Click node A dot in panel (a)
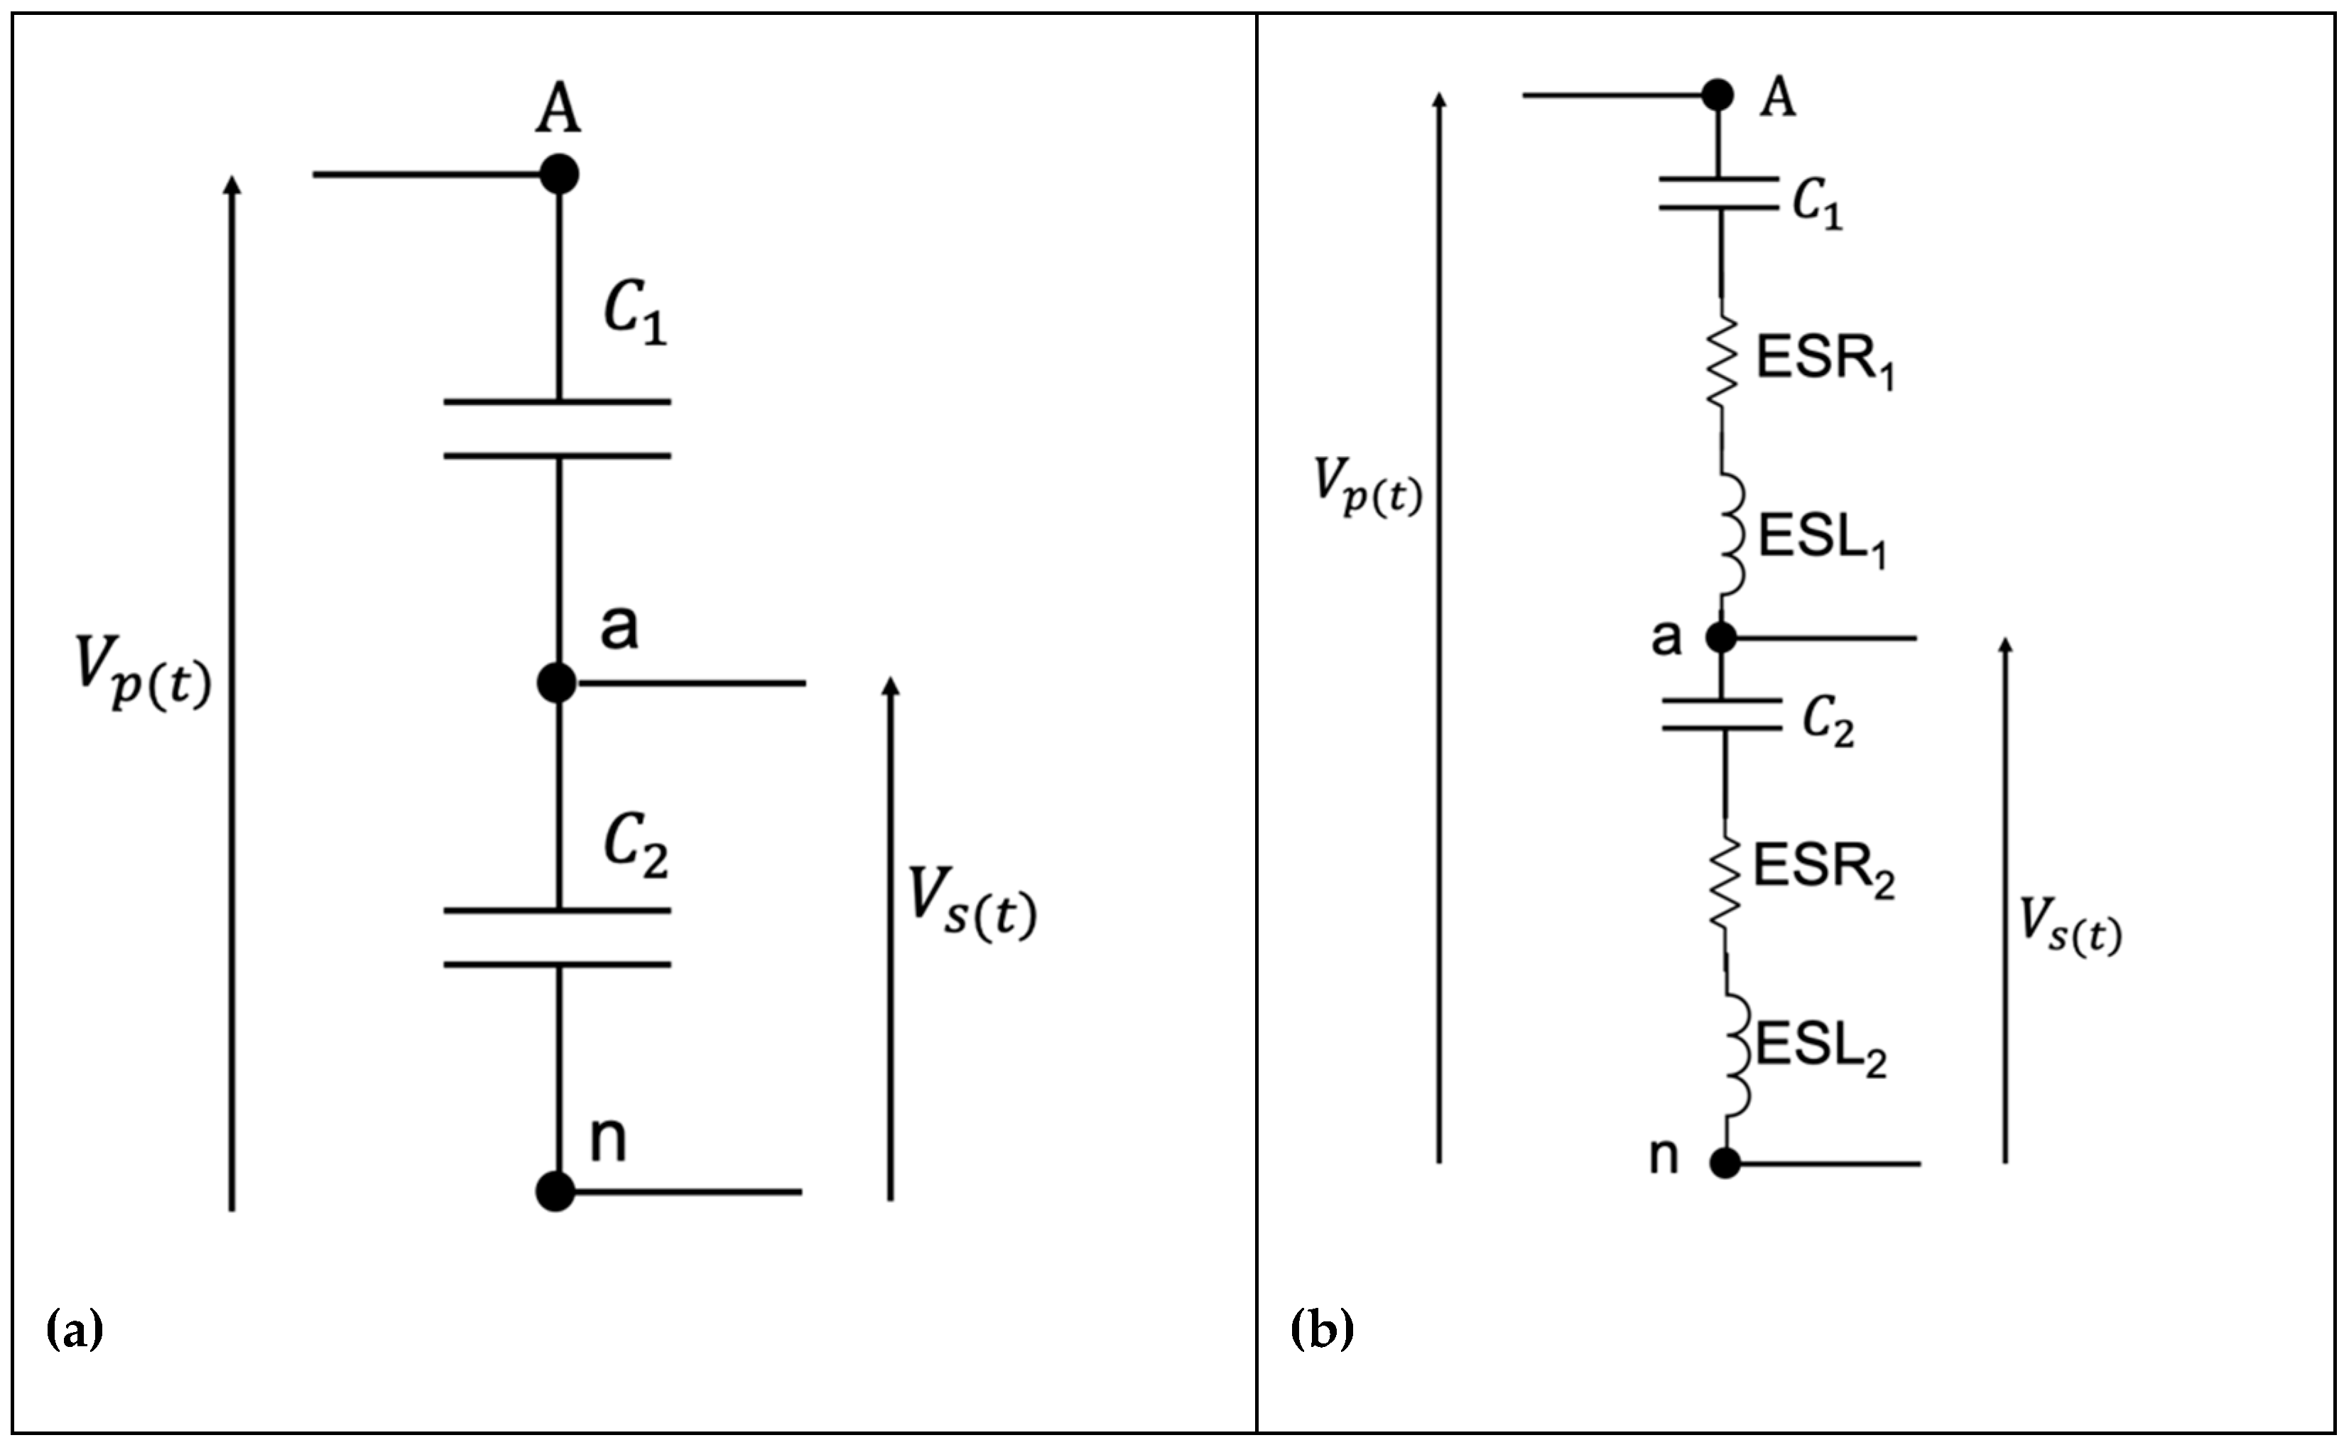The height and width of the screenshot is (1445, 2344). pos(559,175)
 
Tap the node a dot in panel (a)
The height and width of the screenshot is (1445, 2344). pos(556,682)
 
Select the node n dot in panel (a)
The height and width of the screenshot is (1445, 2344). pos(555,1192)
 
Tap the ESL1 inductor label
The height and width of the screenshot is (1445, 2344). pos(1822,540)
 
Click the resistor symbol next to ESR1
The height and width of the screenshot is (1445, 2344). pos(1722,363)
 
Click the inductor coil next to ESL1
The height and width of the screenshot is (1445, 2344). pos(1732,535)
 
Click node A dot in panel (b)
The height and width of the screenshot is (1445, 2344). pos(1717,94)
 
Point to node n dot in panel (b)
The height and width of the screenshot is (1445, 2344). pos(1725,1163)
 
